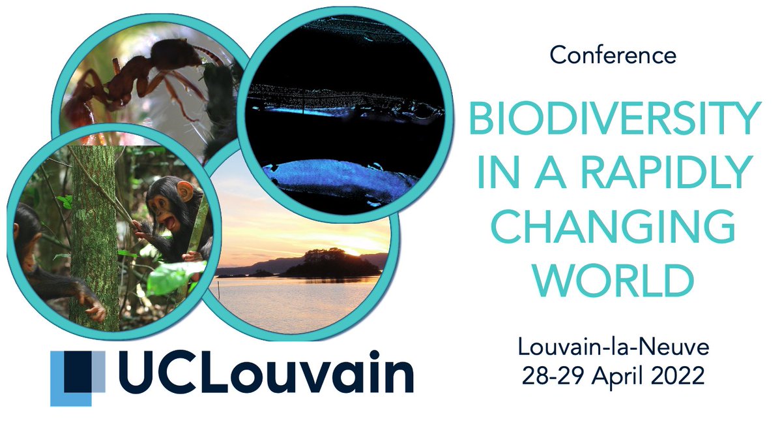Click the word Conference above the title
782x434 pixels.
tap(613, 56)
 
